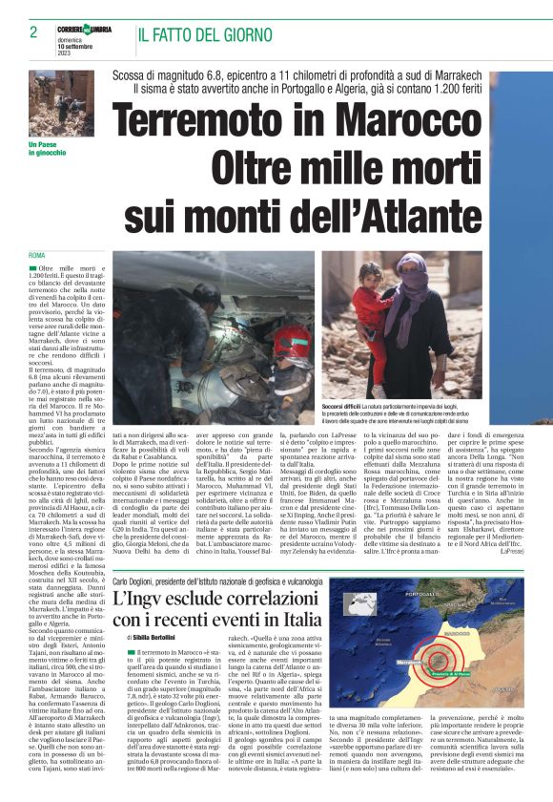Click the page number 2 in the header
tap(34, 32)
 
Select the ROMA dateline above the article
tap(37, 256)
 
